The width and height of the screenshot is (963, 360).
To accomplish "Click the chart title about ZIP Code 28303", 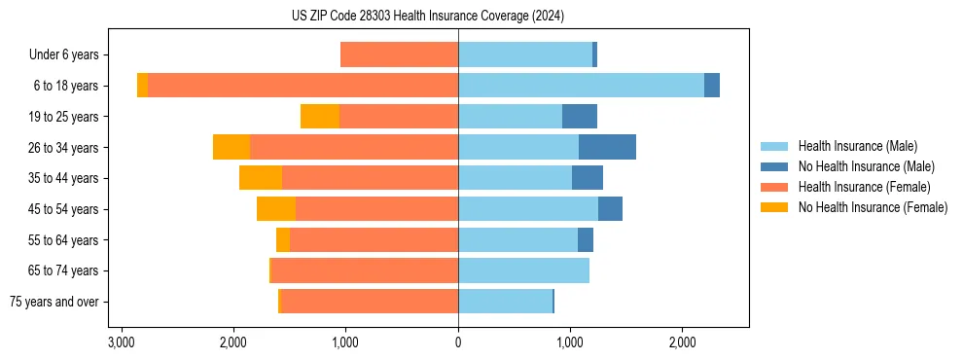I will (427, 17).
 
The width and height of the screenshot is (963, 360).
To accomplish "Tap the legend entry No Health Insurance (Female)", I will (873, 207).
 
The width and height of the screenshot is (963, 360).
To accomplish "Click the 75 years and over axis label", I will (54, 302).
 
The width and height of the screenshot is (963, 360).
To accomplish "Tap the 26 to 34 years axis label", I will (65, 148).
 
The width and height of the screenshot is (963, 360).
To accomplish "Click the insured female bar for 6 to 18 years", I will (303, 86).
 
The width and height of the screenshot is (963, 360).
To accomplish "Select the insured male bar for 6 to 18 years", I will (581, 86).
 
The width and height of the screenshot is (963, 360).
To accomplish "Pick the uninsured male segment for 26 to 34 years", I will (607, 147).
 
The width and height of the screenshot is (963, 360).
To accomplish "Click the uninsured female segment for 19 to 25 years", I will (320, 117).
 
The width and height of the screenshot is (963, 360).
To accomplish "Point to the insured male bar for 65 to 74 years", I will (523, 270).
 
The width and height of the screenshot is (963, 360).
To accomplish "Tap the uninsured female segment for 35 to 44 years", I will (261, 178).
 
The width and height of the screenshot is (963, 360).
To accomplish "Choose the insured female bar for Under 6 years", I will (399, 54).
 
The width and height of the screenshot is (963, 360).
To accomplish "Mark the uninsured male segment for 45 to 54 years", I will (610, 209).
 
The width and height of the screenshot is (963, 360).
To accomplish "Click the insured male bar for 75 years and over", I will (505, 302).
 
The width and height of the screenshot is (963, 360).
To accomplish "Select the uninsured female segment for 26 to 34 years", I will (232, 147).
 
